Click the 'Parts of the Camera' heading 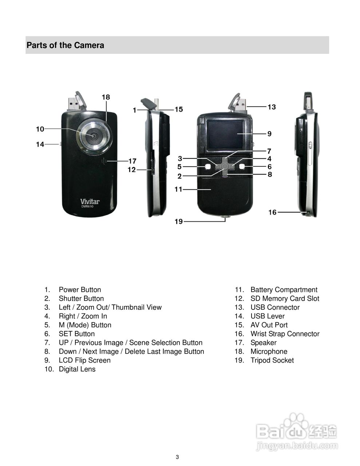(65, 46)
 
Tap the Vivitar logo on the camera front (90, 201)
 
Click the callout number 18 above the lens (106, 97)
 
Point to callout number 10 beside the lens (40, 129)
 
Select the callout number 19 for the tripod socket (178, 221)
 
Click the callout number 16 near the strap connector (272, 212)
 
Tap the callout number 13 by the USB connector (272, 107)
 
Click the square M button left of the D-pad (208, 166)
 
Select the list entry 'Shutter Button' (81, 299)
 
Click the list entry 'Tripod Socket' (272, 360)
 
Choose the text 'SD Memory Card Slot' (285, 299)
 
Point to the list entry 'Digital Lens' (77, 369)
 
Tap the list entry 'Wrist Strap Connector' (285, 334)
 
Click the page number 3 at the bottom (177, 457)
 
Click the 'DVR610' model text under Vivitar (87, 207)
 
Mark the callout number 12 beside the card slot (131, 170)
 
